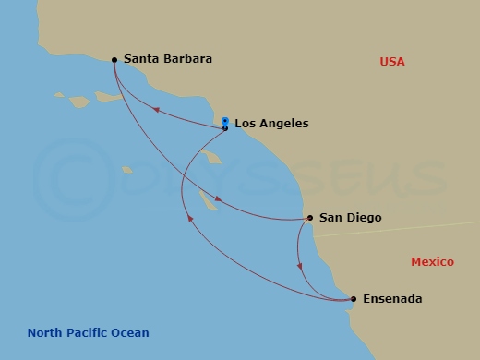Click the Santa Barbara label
tap(167, 59)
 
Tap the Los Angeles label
tap(271, 123)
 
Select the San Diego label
tap(350, 218)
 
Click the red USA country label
tap(392, 62)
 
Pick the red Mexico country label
tap(432, 262)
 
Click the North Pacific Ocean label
tap(88, 333)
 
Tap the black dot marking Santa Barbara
tap(114, 60)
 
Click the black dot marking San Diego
tap(309, 219)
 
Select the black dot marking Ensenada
tap(354, 299)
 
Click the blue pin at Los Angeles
tap(225, 121)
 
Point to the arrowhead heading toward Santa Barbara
tap(156, 109)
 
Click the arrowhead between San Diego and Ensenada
tap(299, 266)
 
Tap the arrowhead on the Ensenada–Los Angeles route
tap(190, 219)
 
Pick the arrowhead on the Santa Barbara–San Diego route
tap(218, 199)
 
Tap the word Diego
tap(363, 218)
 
